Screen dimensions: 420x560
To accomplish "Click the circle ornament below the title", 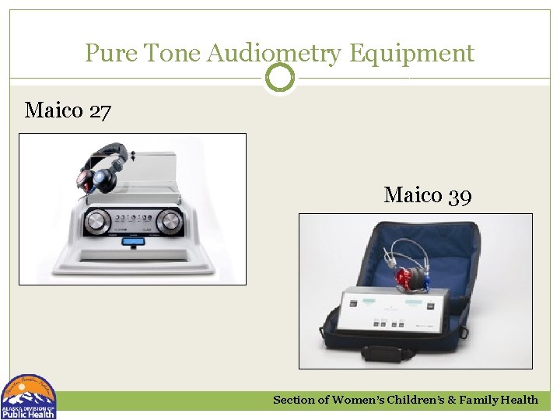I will click(280, 78).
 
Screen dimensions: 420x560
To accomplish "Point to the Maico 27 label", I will click(68, 110).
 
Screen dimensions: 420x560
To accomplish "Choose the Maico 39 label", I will click(427, 194).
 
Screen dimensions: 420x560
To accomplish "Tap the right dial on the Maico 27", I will click(168, 222).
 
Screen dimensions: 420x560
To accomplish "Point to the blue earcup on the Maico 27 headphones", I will click(103, 181).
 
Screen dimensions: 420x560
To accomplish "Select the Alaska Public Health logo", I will click(29, 397).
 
